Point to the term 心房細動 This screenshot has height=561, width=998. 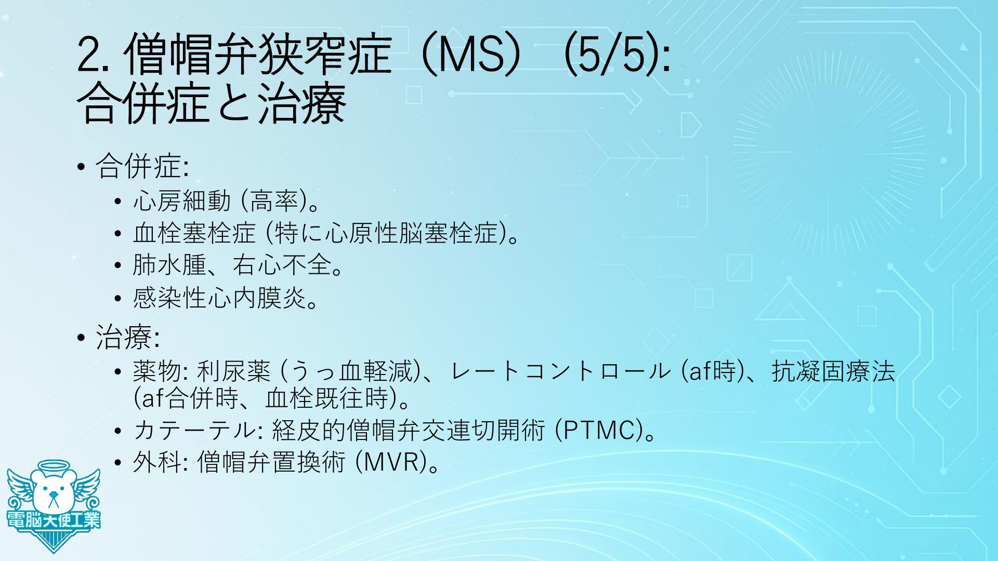pyautogui.click(x=182, y=201)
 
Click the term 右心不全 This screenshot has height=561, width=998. pyautogui.click(x=282, y=265)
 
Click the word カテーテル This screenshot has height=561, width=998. pyautogui.click(x=192, y=430)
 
